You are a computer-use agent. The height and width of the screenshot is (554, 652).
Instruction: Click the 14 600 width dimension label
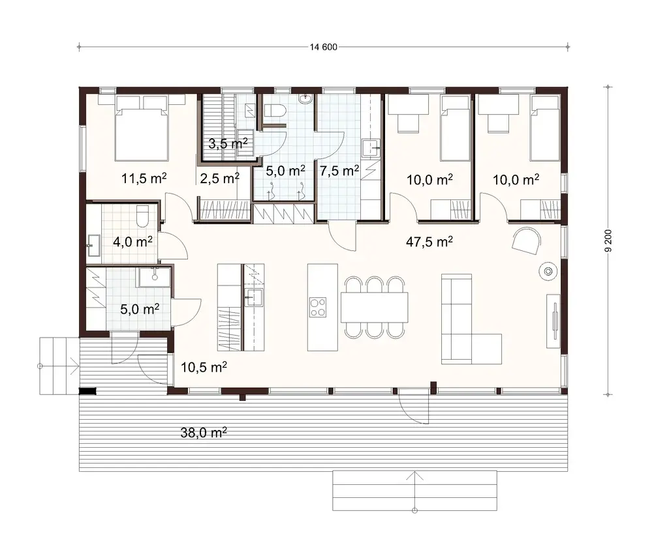click(x=324, y=46)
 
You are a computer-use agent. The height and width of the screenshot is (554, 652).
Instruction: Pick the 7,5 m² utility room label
click(x=339, y=171)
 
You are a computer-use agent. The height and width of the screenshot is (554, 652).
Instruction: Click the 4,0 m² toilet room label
click(x=133, y=242)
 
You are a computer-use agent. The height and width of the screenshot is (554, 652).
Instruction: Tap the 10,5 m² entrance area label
click(x=203, y=368)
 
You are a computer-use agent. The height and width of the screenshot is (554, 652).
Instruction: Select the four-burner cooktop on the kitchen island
click(x=318, y=307)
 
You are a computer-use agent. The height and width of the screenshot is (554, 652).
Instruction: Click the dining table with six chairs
click(x=375, y=307)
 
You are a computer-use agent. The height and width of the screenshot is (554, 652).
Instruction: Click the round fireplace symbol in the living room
click(x=547, y=270)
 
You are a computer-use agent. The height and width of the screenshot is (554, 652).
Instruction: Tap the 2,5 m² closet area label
click(x=219, y=178)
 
